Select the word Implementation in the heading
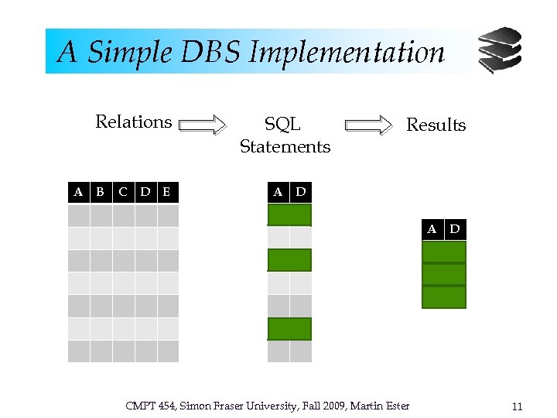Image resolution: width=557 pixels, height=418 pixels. click(x=347, y=53)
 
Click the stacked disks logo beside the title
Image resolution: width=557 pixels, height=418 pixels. click(x=499, y=50)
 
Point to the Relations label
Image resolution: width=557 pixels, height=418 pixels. click(x=133, y=122)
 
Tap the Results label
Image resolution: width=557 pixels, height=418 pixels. click(x=436, y=125)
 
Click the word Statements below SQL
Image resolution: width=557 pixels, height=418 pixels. click(x=285, y=146)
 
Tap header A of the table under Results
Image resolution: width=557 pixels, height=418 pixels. click(x=432, y=229)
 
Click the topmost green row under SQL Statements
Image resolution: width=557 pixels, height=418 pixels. click(x=289, y=215)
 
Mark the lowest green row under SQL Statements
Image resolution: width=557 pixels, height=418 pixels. click(x=289, y=329)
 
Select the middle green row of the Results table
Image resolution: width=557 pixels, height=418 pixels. click(x=444, y=275)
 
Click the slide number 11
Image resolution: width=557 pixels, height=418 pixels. click(x=518, y=406)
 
